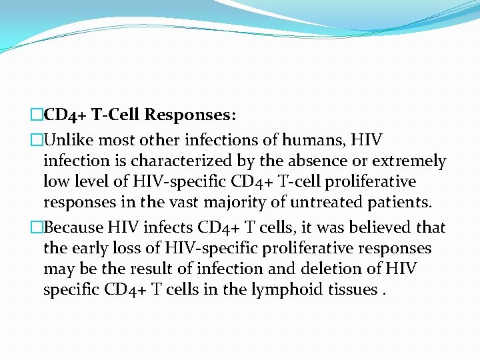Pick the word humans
coord(315,140)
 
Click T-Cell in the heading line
coord(116,115)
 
